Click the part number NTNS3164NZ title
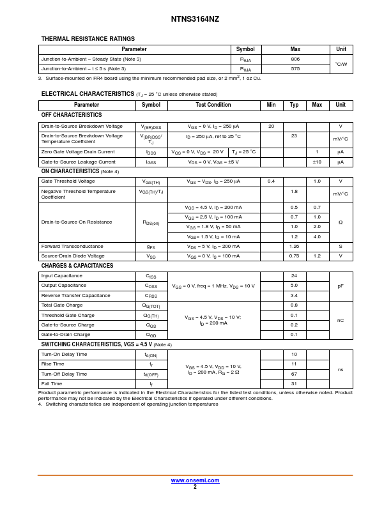(195, 19)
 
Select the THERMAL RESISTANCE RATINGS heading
(88, 39)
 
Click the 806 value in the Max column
(295, 59)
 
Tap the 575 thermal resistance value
(295, 68)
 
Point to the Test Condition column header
(213, 105)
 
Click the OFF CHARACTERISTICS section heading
(72, 115)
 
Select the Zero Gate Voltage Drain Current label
(78, 152)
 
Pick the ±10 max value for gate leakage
(317, 162)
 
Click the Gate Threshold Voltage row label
(68, 181)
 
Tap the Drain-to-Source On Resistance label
(77, 222)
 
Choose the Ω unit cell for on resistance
(341, 222)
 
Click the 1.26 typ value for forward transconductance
(294, 246)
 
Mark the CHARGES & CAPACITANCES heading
(77, 266)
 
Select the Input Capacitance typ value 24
(294, 276)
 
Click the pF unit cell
(341, 286)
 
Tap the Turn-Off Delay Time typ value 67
(294, 374)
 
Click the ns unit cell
(341, 369)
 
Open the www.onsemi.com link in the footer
(195, 480)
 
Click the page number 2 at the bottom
(195, 487)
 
